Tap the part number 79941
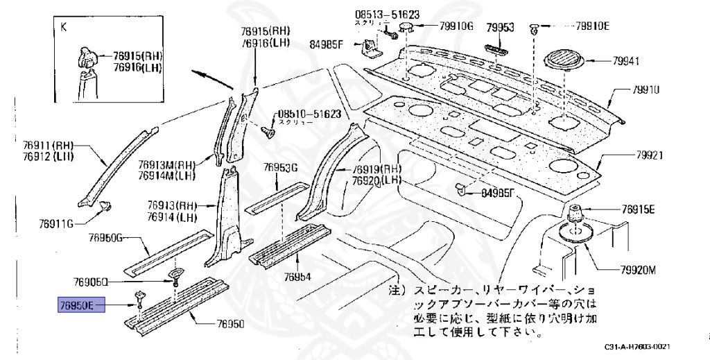pos(625,62)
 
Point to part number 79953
pos(499,27)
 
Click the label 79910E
pos(591,27)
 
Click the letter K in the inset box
pos(64,27)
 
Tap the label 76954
pos(297,276)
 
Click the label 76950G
pos(105,238)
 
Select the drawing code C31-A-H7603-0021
pos(637,346)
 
